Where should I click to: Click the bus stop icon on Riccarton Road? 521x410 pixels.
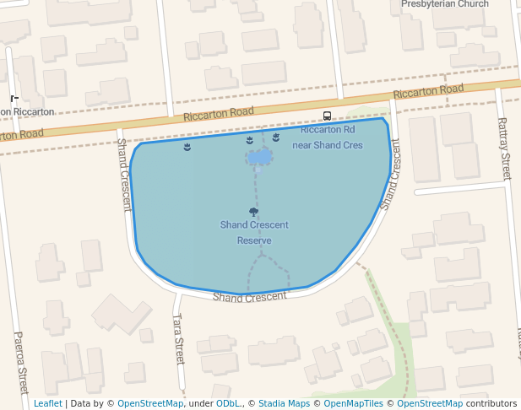(327, 116)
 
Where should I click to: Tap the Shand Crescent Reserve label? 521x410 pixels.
(254, 232)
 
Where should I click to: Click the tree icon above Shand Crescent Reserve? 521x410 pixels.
(253, 212)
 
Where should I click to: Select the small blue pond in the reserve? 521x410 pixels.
(259, 158)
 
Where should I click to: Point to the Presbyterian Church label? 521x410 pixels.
(444, 4)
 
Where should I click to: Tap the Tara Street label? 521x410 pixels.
(178, 339)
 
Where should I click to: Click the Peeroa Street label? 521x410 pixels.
(21, 363)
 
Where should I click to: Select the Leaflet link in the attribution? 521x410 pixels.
(48, 403)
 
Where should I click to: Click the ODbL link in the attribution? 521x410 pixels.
(228, 403)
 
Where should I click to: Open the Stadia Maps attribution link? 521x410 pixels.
(284, 403)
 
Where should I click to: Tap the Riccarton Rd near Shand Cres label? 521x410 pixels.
(327, 138)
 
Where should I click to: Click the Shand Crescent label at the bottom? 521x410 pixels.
(249, 297)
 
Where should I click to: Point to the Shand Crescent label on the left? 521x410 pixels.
(125, 175)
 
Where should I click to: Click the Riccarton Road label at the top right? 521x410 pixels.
(428, 91)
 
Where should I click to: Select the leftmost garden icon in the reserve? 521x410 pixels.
(187, 148)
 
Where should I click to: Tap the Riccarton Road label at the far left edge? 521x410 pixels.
(20, 134)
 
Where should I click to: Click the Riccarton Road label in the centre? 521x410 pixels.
(219, 112)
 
